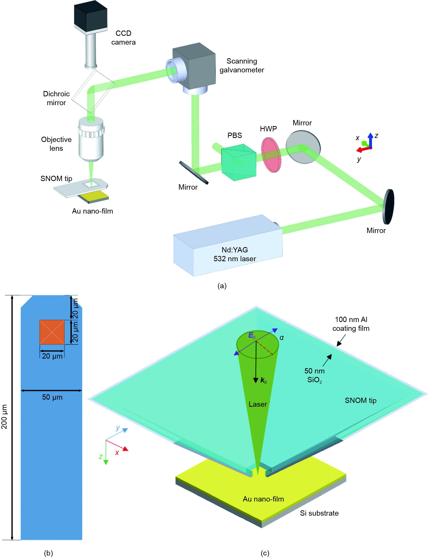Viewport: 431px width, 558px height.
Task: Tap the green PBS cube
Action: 238,162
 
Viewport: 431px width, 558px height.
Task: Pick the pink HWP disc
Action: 271,155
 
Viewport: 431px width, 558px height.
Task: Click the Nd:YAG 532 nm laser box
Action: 227,247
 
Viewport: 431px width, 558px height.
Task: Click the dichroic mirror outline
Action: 93,91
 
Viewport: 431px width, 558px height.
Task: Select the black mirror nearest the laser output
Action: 389,207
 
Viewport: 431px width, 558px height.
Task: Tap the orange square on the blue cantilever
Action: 52,332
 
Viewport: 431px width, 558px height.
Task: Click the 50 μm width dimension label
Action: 52,397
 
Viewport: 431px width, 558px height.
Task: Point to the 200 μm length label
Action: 4,417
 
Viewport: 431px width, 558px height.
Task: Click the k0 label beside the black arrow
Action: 263,380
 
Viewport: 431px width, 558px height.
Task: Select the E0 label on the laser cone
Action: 252,336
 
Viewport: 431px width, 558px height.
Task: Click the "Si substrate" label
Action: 319,513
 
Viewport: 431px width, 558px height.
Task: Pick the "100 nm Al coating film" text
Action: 351,324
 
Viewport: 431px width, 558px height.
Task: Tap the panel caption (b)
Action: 48,553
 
